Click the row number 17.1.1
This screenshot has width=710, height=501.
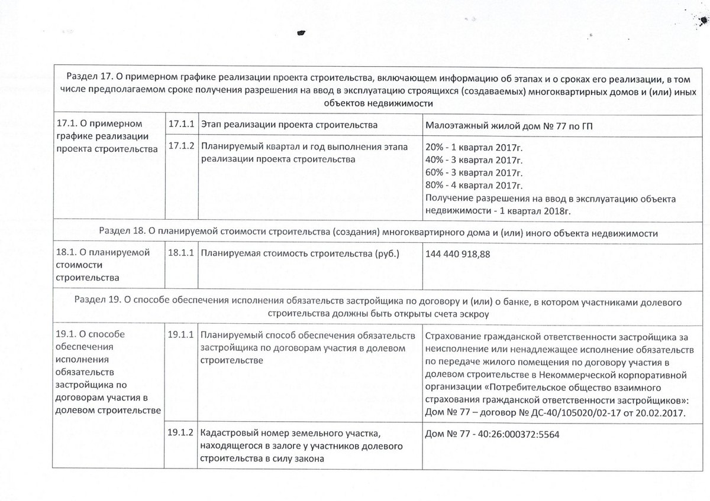181,125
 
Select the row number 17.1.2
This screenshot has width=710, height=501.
181,147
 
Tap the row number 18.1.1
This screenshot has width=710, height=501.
181,254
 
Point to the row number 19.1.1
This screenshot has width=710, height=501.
181,335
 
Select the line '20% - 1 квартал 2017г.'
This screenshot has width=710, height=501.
475,147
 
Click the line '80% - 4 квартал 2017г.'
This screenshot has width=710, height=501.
475,185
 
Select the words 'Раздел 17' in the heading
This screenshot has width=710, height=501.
87,77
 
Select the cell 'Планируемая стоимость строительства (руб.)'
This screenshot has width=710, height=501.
300,254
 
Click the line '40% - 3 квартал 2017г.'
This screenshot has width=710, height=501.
475,160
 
